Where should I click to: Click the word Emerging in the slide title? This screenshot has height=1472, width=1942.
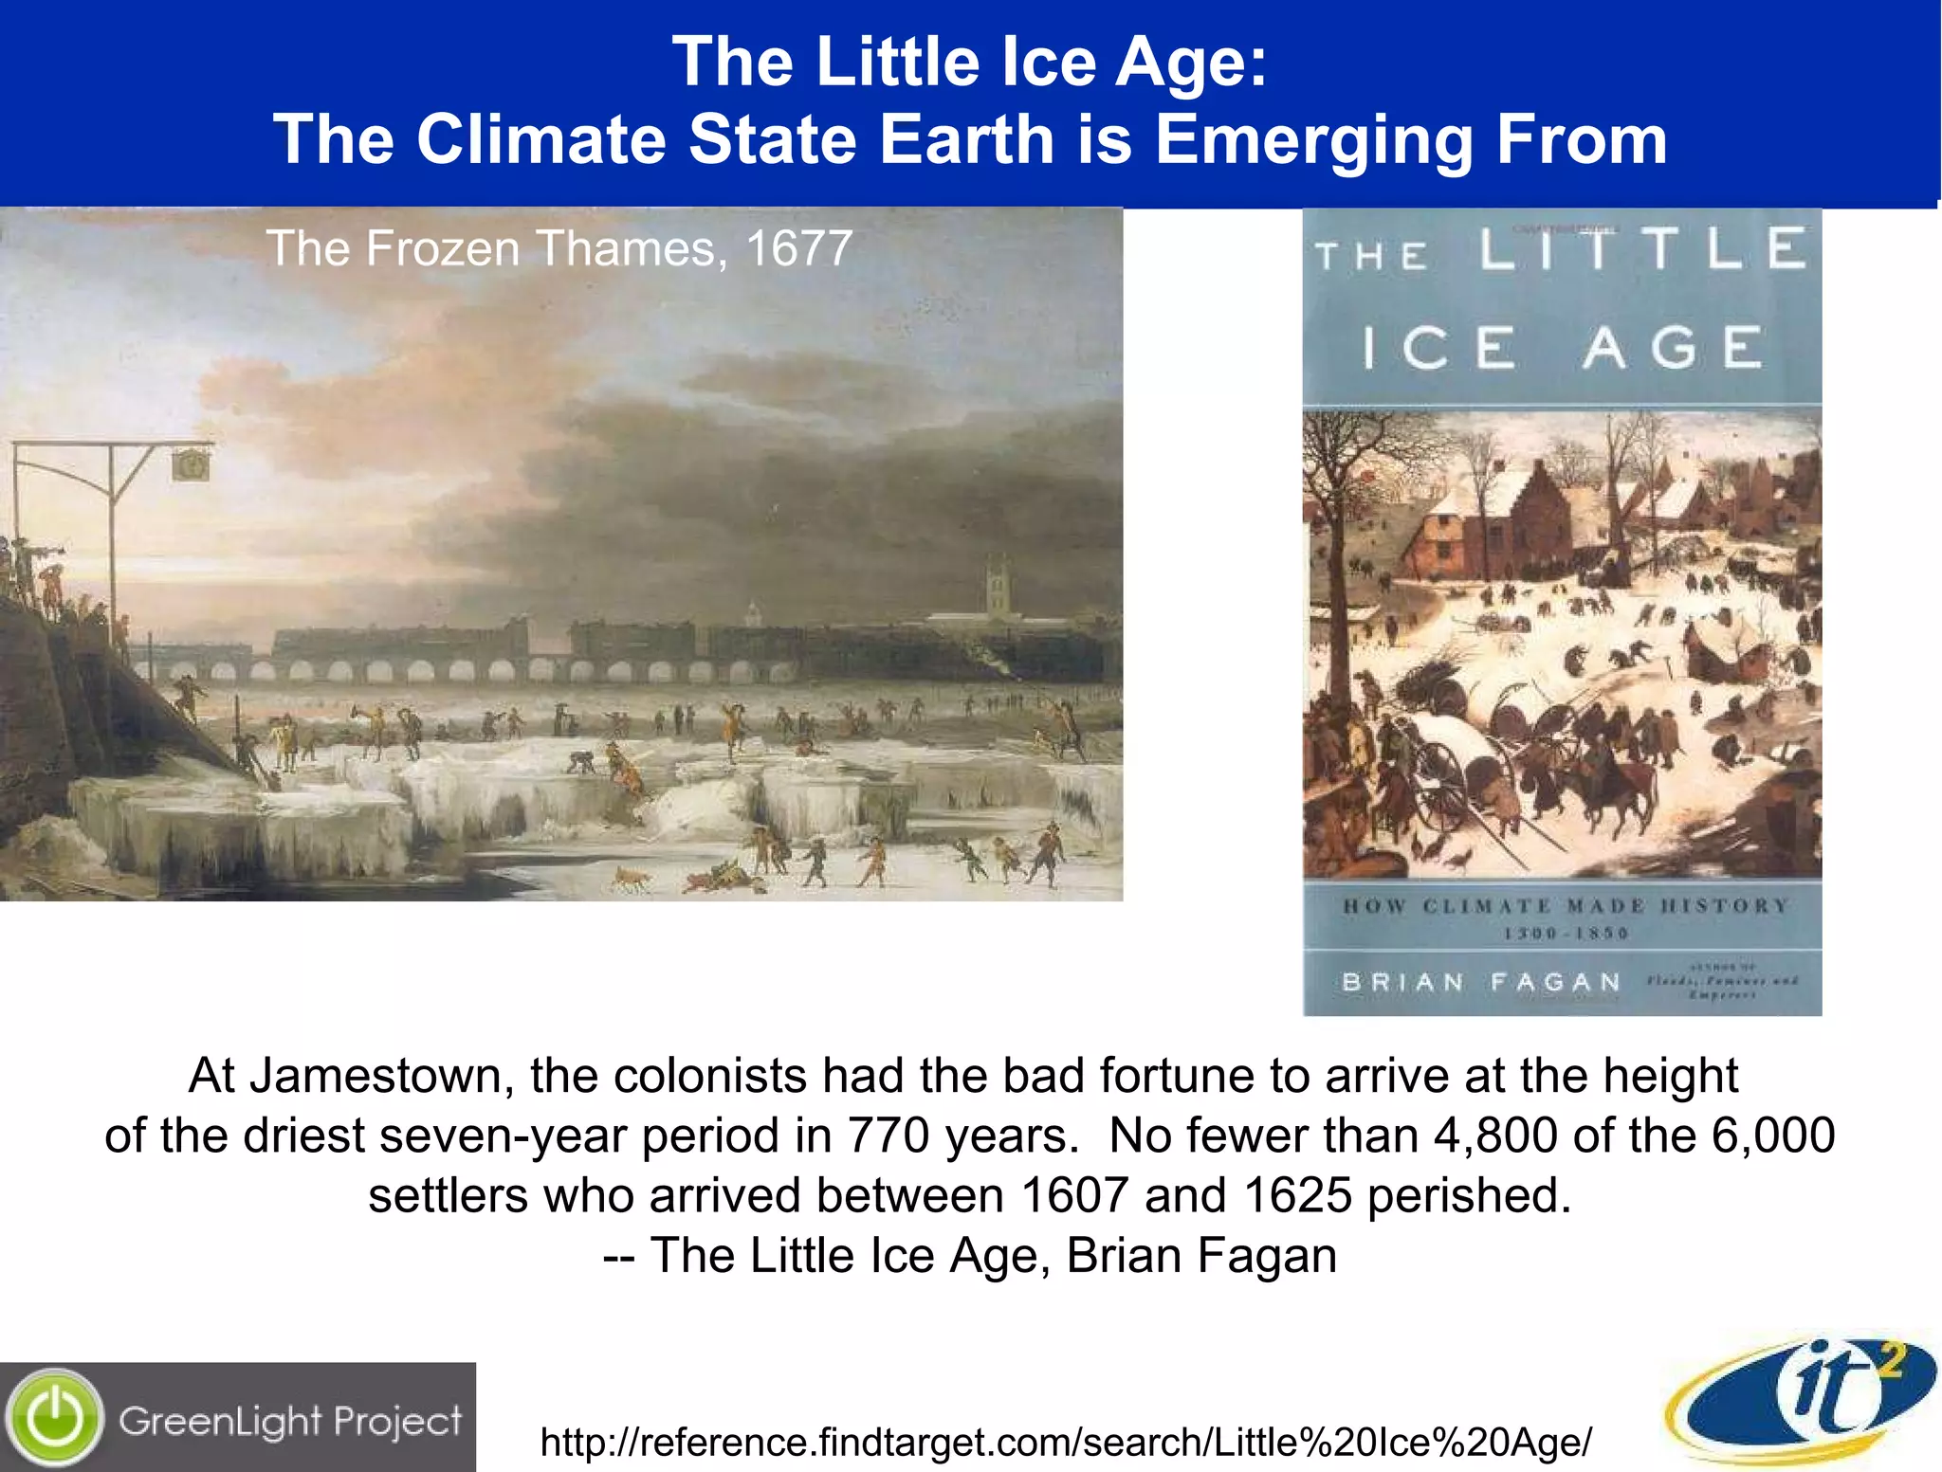coord(1313,140)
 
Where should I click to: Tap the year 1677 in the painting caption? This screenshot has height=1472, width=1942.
coord(798,248)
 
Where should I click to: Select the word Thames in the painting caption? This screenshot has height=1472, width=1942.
coord(626,248)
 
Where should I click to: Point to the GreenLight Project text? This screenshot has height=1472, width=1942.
coord(290,1421)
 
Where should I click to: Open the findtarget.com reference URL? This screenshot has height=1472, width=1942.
coord(1066,1443)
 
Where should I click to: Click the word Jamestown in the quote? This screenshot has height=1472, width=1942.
coord(374,1076)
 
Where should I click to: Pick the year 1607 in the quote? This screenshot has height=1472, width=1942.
coord(1073,1195)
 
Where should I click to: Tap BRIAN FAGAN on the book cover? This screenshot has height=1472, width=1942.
coord(1480,982)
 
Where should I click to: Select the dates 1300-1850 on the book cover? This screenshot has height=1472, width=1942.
coord(1566,934)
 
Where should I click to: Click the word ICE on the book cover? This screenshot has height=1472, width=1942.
coord(1438,348)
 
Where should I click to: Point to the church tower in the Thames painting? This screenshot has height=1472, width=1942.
coord(997,588)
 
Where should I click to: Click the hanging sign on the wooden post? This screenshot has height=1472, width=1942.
coord(191,464)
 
